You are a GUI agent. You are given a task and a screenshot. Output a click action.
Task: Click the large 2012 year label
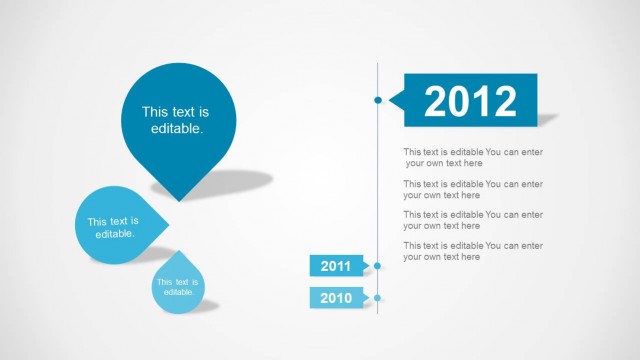pos(470,101)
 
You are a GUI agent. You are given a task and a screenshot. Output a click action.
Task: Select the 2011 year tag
pos(336,266)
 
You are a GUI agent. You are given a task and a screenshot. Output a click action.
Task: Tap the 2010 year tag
pos(336,298)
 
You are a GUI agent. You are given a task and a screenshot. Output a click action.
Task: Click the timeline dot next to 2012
pos(377,100)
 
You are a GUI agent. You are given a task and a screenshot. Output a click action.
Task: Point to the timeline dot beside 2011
pos(377,266)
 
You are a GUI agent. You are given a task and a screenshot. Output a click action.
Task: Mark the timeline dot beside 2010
pos(377,298)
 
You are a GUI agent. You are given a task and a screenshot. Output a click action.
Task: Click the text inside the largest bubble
pos(176,121)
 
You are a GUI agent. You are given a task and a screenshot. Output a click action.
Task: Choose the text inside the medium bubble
pos(113,227)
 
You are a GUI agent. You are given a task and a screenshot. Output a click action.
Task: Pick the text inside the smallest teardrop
pos(176,287)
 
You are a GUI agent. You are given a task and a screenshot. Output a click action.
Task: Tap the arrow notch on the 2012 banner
pos(394,100)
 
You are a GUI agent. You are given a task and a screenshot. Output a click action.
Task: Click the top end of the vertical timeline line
pos(377,64)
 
